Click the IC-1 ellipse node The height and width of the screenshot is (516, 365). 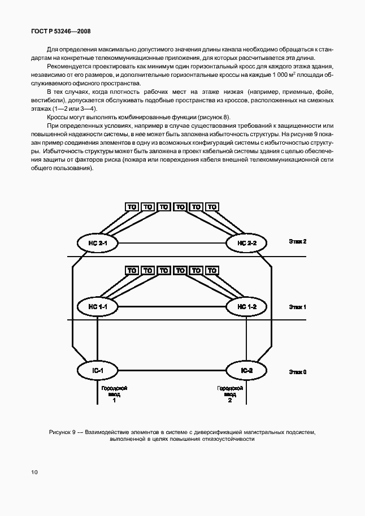click(x=98, y=371)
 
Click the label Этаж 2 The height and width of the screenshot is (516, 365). click(x=297, y=241)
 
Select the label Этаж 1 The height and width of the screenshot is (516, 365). click(x=297, y=307)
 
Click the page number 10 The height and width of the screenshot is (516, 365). click(x=34, y=471)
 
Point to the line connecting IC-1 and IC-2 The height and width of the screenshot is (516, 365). click(x=172, y=371)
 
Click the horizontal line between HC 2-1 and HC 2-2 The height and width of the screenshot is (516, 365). click(x=172, y=243)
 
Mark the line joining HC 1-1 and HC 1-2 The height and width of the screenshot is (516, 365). click(x=172, y=306)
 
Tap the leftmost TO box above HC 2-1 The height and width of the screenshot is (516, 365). click(x=132, y=207)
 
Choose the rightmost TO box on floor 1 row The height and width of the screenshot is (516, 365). click(x=212, y=271)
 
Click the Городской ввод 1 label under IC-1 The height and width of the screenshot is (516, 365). click(x=114, y=394)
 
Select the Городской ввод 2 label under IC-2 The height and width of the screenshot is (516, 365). click(x=230, y=394)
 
